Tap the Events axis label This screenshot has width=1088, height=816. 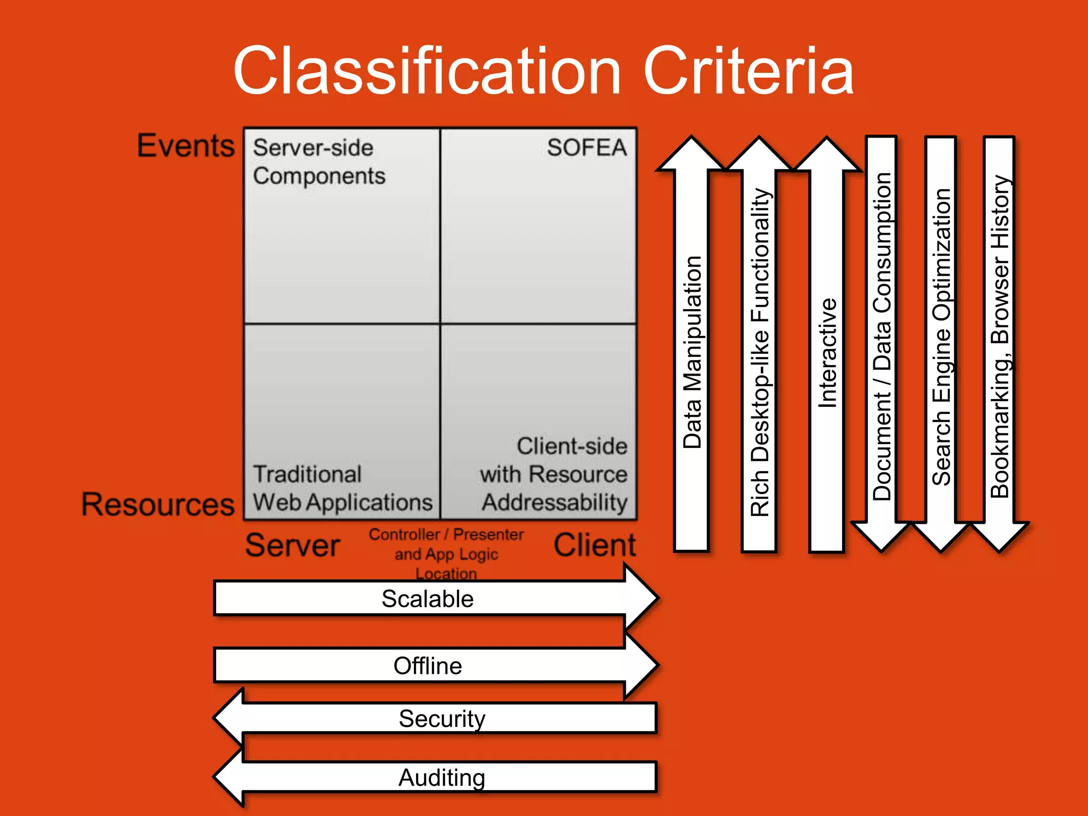point(185,146)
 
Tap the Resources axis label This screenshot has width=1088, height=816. point(158,504)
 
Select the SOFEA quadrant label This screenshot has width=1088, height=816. point(586,148)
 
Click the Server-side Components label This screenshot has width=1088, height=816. point(319,161)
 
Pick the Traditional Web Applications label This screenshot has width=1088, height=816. point(342,488)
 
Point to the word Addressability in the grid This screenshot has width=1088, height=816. point(555,503)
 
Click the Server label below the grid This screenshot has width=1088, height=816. point(292,546)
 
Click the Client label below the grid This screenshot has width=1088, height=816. point(594,546)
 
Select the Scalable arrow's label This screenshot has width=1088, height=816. point(427,599)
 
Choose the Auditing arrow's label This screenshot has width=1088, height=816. point(441,777)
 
